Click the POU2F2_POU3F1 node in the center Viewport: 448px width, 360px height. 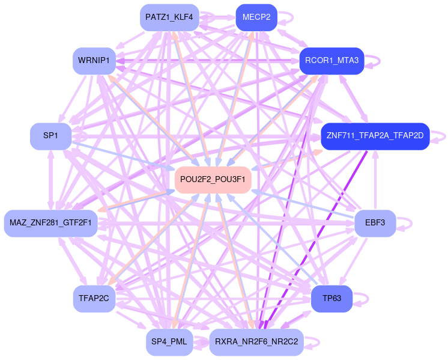coord(213,180)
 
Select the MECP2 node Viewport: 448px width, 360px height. coord(256,17)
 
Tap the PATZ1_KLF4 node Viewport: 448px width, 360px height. coord(169,17)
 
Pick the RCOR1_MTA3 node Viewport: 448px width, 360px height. coord(331,61)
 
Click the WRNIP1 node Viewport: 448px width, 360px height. coord(94,61)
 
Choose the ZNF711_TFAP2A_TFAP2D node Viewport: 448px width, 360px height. coord(375,136)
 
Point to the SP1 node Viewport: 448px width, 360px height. coord(50,136)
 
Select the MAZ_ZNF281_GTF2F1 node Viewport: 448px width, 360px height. coord(50,224)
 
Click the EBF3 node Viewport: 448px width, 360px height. coord(375,224)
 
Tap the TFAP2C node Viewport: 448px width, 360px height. coord(94,299)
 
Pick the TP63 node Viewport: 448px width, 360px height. coord(331,299)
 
